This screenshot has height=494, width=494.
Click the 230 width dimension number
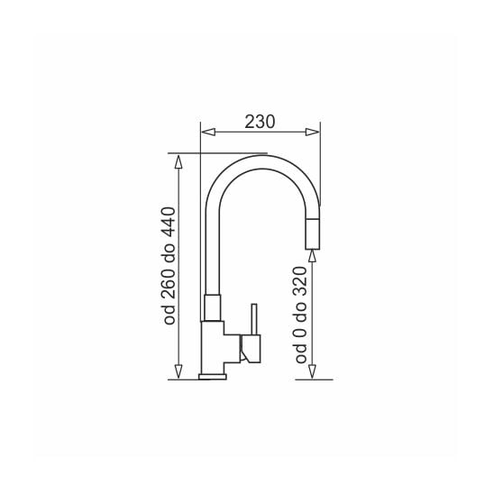click(x=260, y=122)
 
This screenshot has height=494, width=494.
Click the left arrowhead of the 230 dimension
click(x=208, y=132)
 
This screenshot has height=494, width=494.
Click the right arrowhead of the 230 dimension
click(x=312, y=132)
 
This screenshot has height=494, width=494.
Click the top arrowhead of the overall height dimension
click(x=178, y=162)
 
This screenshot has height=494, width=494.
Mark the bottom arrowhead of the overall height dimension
click(x=178, y=371)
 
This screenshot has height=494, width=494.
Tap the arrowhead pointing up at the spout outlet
click(x=312, y=256)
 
